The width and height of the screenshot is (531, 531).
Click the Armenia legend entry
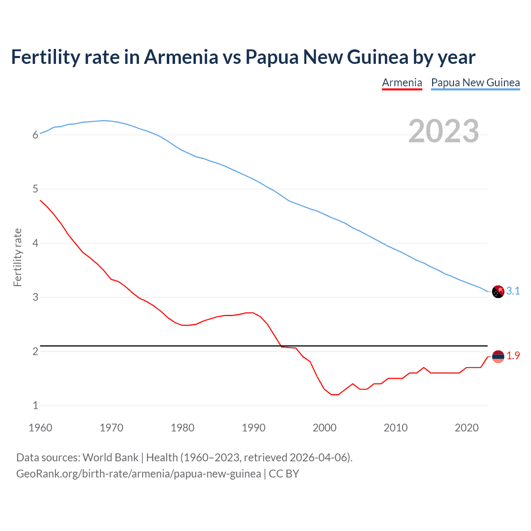coord(402,83)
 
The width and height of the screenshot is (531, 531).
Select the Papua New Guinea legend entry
coord(475,83)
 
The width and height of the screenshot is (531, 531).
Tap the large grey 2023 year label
coord(443,131)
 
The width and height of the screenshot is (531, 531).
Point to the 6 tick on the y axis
coord(36,135)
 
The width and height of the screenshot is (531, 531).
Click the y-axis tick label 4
coord(36,243)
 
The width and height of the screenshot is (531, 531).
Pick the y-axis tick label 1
coord(36,406)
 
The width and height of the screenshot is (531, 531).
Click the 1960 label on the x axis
coord(40,428)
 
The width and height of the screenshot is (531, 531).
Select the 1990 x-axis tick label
coord(253,428)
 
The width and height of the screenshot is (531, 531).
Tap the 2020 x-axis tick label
coord(467,428)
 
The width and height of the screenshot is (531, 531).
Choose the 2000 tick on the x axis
coord(324,428)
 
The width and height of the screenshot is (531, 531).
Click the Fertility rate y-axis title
coord(17,257)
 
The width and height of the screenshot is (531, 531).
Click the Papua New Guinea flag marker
coord(498,292)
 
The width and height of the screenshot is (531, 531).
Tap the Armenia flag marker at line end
coord(498,356)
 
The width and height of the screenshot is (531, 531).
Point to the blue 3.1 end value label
coord(513,291)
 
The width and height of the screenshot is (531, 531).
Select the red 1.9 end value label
coord(513,356)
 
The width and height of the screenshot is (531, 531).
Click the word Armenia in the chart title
coord(181,57)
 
